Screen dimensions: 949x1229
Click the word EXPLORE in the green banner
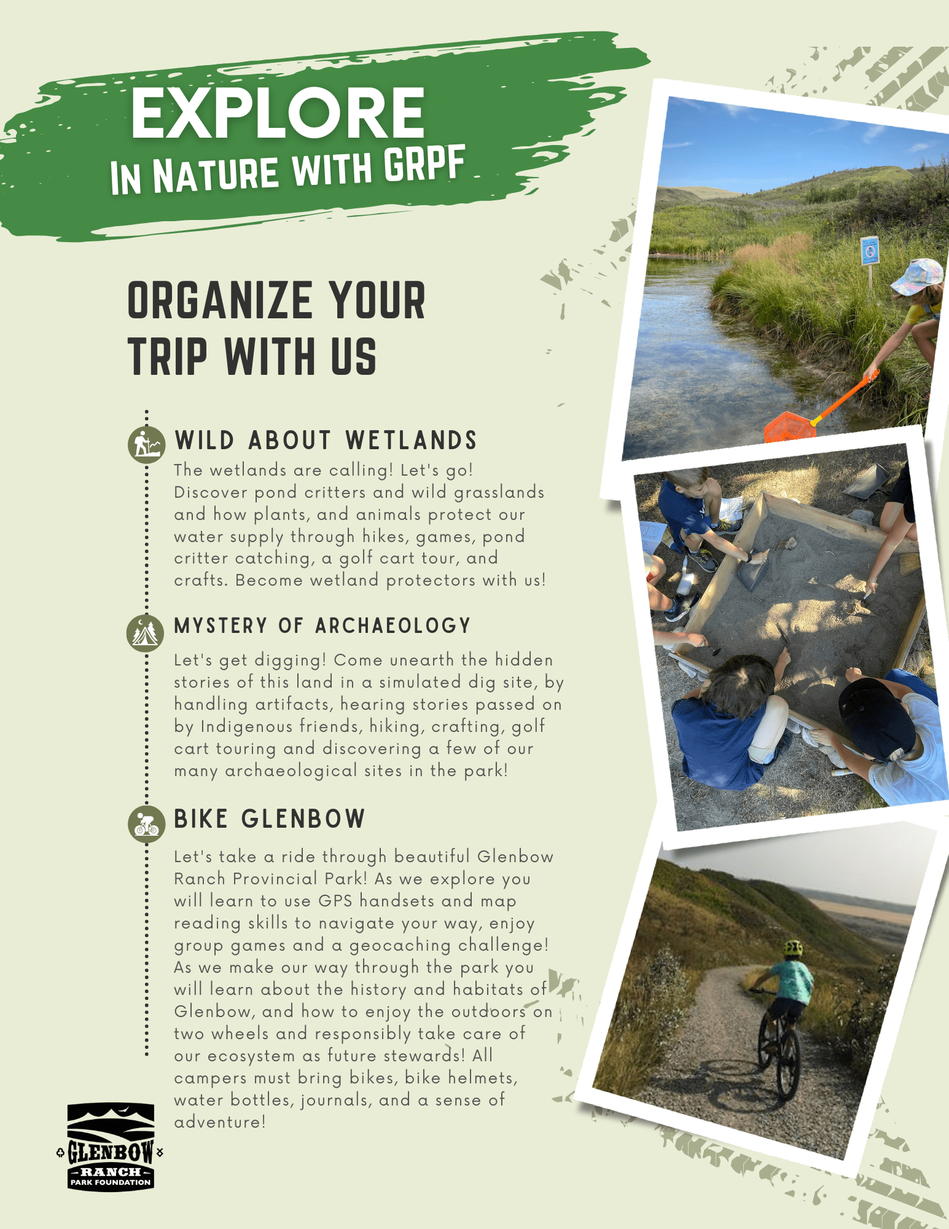(278, 112)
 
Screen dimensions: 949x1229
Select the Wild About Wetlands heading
(326, 441)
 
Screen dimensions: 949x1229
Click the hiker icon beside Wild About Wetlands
(146, 444)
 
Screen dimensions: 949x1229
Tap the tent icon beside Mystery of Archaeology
(146, 633)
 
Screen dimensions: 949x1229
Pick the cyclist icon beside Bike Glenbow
(146, 824)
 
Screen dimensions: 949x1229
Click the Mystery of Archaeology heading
(322, 626)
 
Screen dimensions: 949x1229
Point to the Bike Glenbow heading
(270, 819)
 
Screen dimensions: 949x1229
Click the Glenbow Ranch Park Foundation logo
(110, 1147)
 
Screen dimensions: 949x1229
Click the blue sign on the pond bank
(870, 251)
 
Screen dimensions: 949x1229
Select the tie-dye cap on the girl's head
(916, 276)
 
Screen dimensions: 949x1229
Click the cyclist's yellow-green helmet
(793, 948)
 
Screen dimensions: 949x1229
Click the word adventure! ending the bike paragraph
(220, 1122)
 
